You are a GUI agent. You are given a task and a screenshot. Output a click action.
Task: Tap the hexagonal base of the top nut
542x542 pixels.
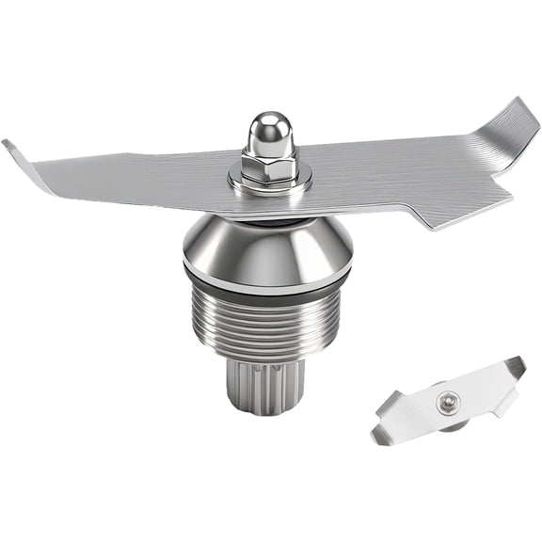(268, 167)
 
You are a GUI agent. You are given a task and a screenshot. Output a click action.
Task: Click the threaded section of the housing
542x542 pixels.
(267, 320)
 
